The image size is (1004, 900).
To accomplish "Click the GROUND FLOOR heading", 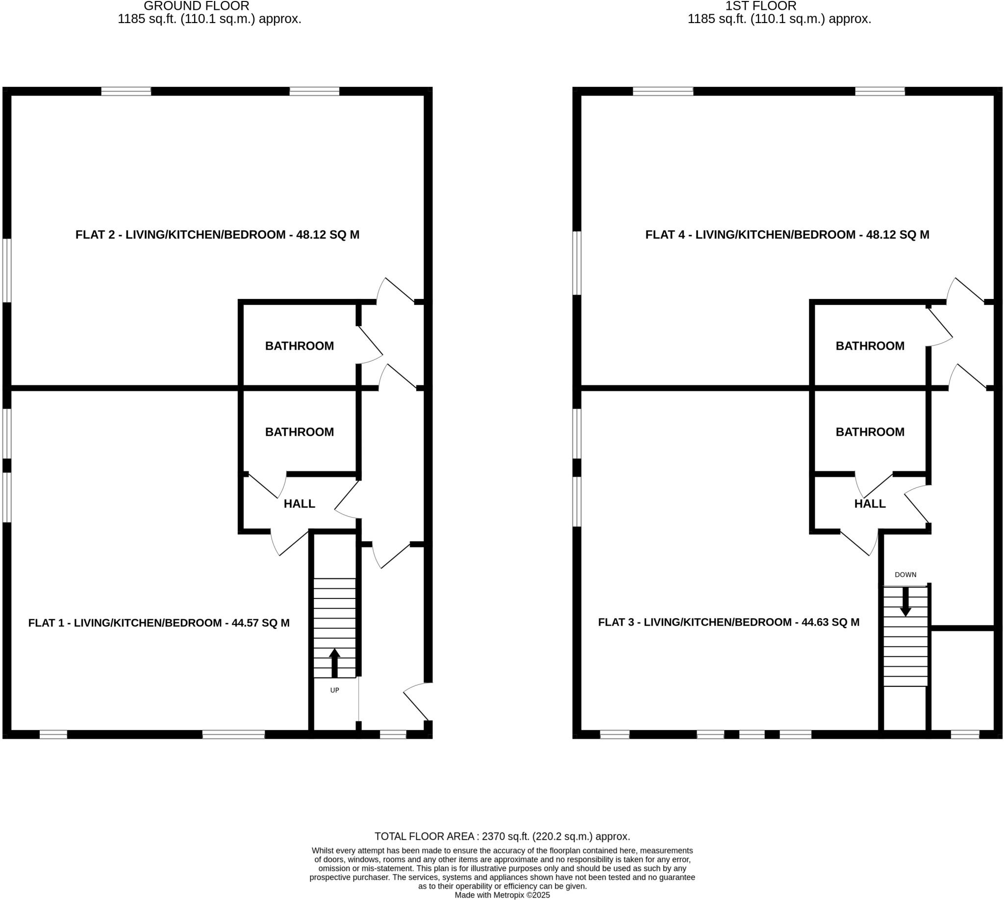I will pos(197,6).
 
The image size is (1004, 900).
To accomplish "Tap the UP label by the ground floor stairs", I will pos(334,690).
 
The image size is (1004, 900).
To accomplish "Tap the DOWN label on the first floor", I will pos(905,575).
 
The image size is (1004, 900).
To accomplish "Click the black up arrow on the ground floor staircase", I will pos(334,663).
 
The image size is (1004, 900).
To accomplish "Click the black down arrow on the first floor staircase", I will pos(905,601).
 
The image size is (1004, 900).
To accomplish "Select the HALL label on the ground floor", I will pos(299,504).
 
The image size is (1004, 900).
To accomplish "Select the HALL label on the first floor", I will pos(870,504).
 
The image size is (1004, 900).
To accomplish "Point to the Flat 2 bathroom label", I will pos(299,346).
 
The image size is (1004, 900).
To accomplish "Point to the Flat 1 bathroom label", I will pos(299,432).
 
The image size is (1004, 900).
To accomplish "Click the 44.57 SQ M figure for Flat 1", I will pos(261,623).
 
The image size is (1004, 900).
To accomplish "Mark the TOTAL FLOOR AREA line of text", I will pos(502,837).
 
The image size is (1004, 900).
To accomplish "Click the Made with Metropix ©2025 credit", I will pos(502,895).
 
